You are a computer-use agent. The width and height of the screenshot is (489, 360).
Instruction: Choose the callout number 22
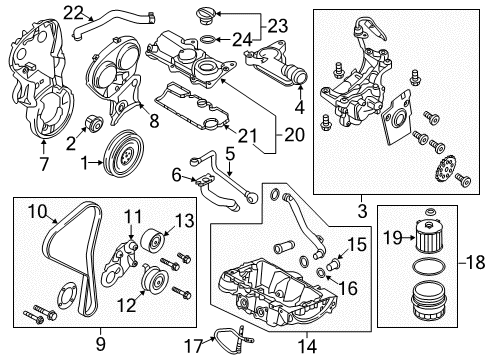click(x=73, y=12)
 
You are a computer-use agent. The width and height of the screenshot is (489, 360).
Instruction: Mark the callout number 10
click(x=37, y=210)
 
